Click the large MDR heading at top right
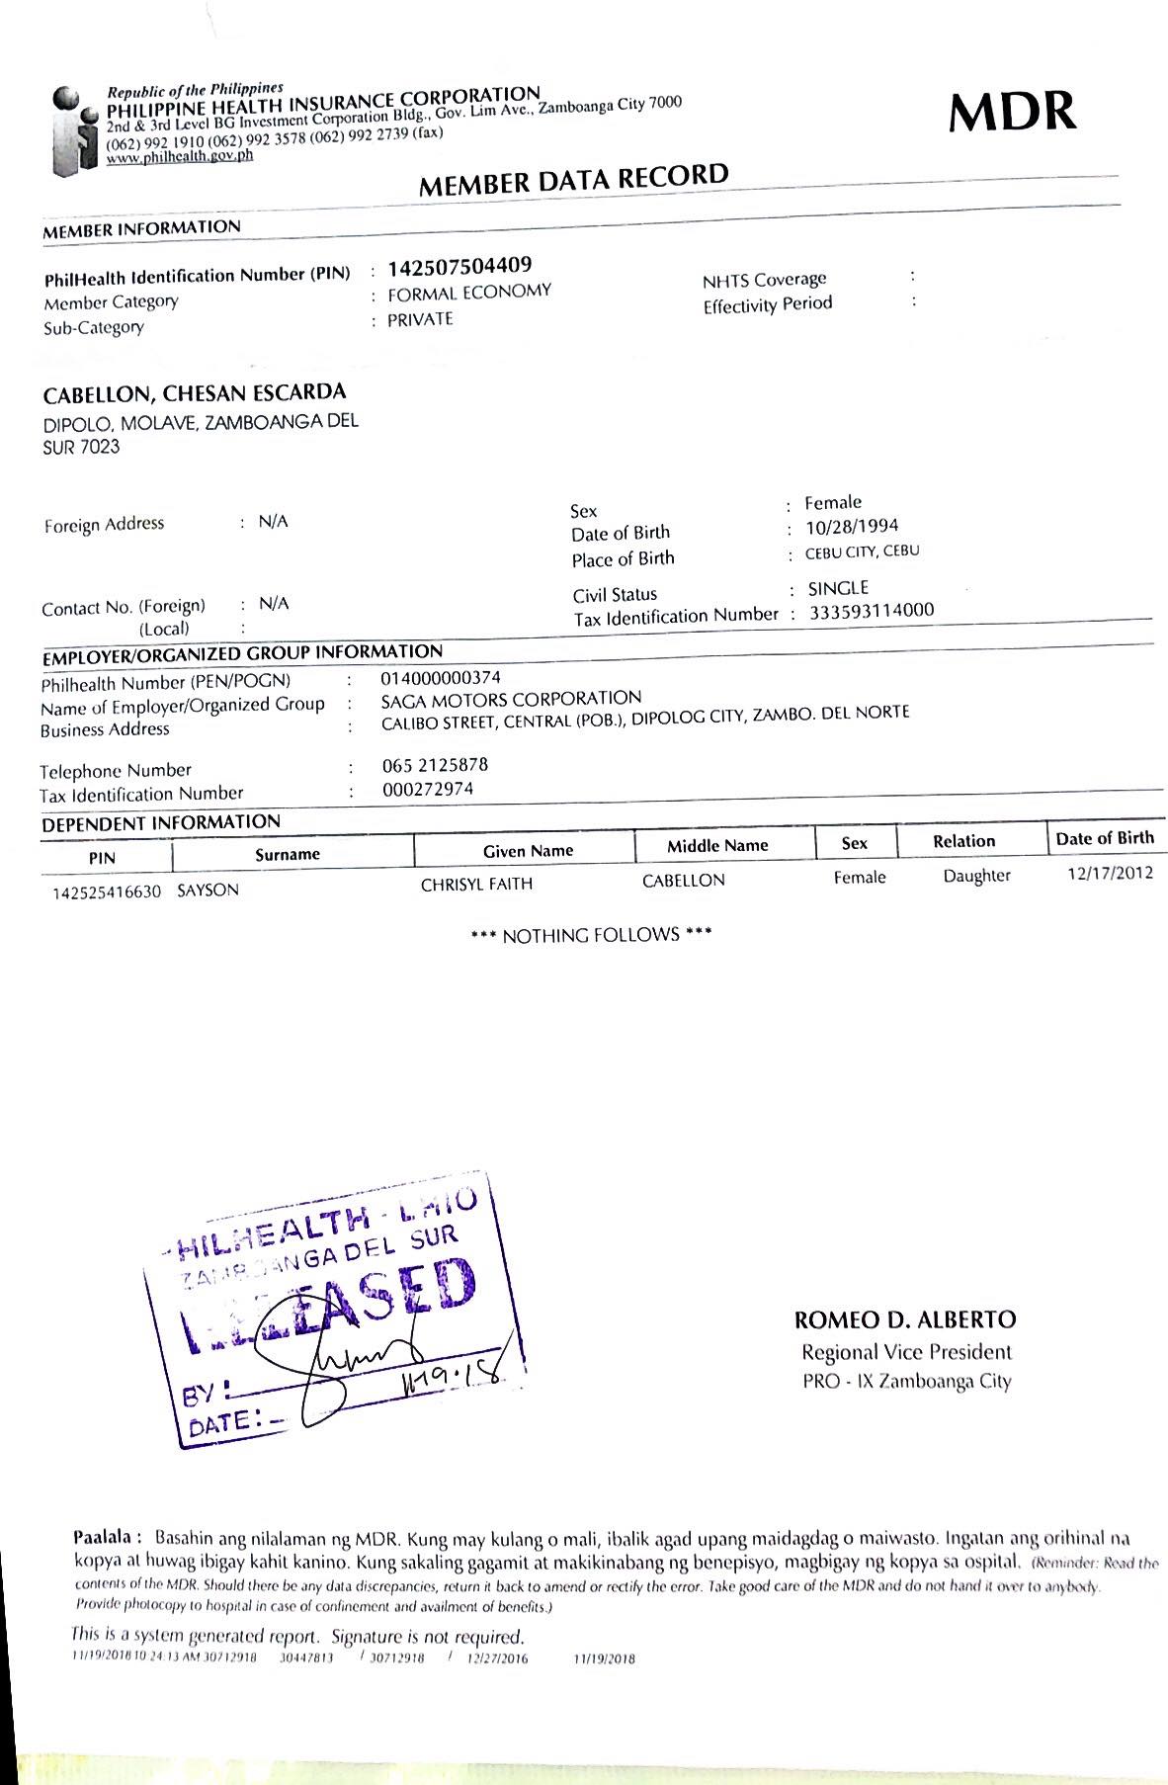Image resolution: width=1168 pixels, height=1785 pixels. pos(1012,112)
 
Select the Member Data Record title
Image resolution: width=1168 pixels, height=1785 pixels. pos(573,180)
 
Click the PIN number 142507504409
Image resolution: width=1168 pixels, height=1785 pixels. pos(459,266)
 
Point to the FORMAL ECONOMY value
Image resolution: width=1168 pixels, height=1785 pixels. pos(468,293)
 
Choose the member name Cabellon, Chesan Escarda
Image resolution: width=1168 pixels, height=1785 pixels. pos(195,393)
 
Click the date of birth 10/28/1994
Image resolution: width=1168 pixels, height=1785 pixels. pos(852,527)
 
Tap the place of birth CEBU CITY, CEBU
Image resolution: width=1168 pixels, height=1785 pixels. pos(862,552)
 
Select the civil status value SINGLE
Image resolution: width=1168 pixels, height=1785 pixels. pos(838,588)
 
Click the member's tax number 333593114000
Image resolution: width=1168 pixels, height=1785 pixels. pos(872,611)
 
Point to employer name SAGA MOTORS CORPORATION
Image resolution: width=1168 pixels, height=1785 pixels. pos(511,699)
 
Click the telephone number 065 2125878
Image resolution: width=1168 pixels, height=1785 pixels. pos(435,765)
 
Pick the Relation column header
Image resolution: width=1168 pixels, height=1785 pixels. pos(963,841)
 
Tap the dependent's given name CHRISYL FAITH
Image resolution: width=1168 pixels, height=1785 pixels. pos(476,884)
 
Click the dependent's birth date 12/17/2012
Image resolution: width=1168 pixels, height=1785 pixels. pos(1110,873)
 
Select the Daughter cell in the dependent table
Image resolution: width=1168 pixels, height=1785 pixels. pos(976,876)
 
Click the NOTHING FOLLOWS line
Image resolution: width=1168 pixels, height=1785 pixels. pos(592,935)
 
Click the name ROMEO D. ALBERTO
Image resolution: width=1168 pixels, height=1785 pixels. pos(904,1319)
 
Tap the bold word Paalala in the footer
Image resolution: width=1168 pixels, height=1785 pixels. pos(108,1538)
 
